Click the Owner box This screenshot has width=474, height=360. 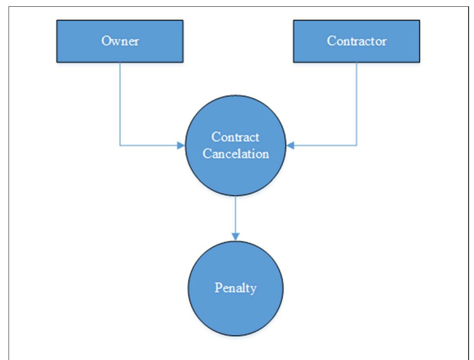coord(119,41)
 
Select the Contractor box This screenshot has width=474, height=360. coord(356,41)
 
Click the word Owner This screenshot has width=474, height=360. coord(120,41)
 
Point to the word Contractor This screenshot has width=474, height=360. coord(356,41)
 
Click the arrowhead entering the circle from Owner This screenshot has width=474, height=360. coord(181,145)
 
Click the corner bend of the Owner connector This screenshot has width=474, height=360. coord(120,145)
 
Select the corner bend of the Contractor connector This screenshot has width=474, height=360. coord(357,145)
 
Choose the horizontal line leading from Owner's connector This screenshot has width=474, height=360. coord(149,145)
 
